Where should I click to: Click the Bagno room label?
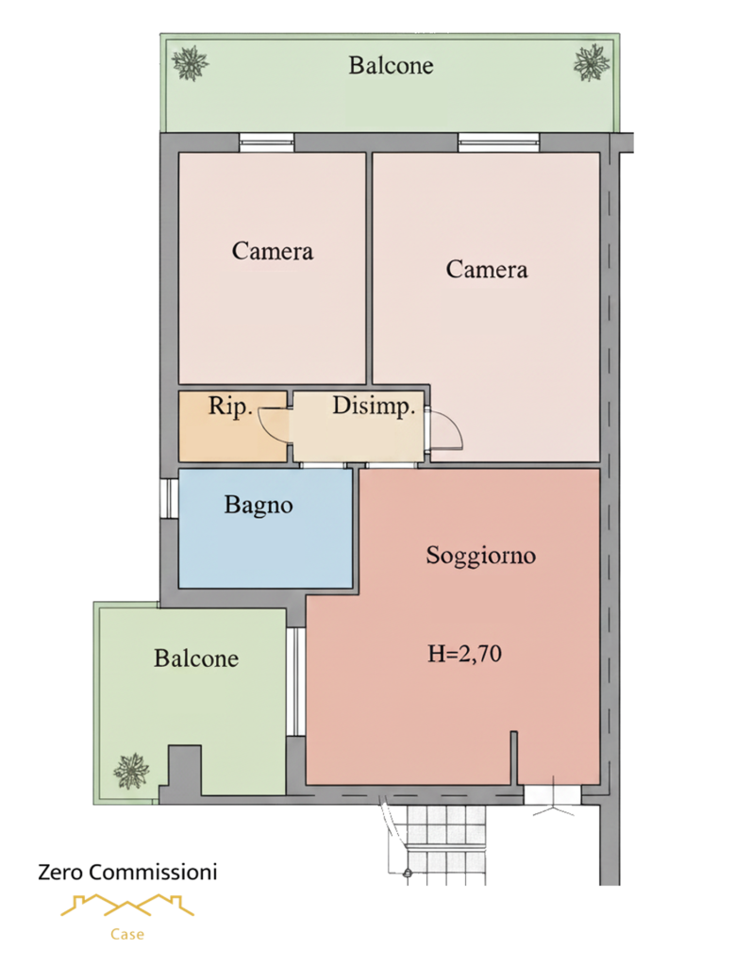pos(259,506)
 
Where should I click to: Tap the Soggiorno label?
pos(480,556)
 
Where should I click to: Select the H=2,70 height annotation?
pos(464,653)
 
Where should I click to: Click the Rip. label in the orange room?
pos(230,406)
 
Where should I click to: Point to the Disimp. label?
pos(374,406)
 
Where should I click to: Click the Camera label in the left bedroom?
pos(273,251)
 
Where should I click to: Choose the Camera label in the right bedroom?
pos(487,269)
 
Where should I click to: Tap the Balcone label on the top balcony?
pos(391,65)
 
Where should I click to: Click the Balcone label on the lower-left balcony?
pos(196,658)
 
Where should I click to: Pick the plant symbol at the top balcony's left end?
pos(190,63)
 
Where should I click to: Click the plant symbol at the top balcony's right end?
pos(592,62)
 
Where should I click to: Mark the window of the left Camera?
pos(266,143)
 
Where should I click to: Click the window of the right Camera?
pos(498,143)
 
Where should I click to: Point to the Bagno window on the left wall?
pos(169,498)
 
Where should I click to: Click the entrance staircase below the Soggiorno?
pos(434,844)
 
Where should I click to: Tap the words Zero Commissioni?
pos(127,872)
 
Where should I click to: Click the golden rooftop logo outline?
pos(127,905)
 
